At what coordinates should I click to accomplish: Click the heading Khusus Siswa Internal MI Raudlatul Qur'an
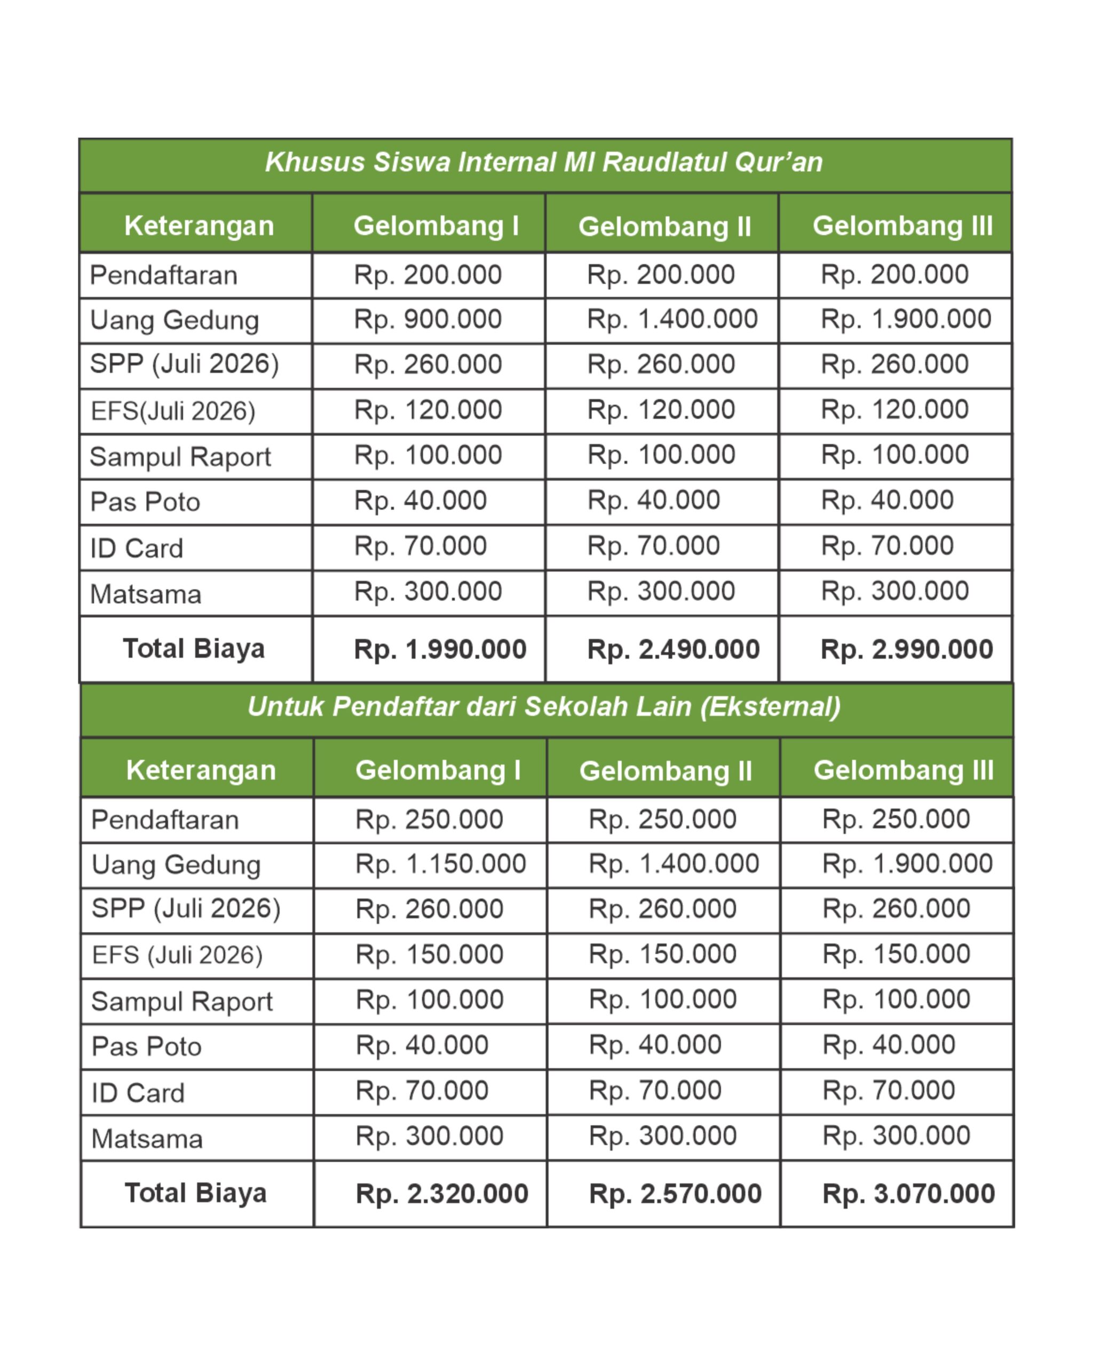544,162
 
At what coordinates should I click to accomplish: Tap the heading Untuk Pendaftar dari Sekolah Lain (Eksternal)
544,706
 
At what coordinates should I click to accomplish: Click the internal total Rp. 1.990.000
440,649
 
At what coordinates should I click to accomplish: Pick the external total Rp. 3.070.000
908,1194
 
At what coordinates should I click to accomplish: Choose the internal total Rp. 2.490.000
673,649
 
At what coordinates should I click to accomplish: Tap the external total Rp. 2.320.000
442,1194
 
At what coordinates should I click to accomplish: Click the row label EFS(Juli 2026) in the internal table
172,411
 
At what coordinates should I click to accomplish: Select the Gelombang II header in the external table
666,771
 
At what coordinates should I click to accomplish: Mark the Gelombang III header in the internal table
902,226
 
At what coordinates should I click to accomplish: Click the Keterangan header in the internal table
199,226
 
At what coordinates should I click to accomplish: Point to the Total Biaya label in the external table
195,1193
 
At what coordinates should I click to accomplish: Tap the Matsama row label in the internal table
146,594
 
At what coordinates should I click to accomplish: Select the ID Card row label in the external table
138,1093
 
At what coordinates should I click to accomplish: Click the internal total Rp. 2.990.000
906,649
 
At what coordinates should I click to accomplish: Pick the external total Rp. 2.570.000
675,1194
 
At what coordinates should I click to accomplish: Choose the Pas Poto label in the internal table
145,502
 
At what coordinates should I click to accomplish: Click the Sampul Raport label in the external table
182,1002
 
